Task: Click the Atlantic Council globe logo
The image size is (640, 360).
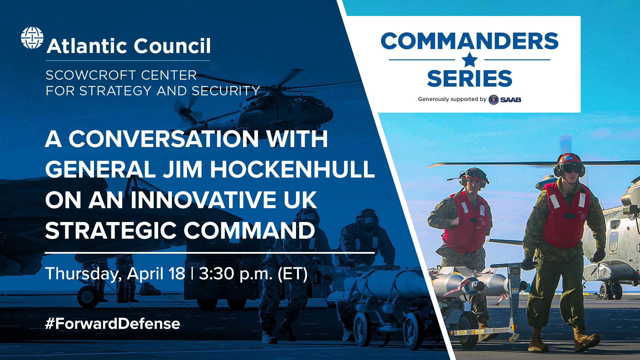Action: click(32, 38)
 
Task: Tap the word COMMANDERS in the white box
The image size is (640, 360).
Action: click(469, 41)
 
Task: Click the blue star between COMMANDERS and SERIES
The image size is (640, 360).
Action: click(470, 60)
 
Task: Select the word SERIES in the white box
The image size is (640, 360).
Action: click(469, 79)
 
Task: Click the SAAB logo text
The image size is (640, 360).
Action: click(510, 100)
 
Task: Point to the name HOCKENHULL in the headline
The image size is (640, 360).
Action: click(292, 169)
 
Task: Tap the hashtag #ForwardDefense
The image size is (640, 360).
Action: click(113, 324)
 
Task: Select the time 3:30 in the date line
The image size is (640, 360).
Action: click(216, 274)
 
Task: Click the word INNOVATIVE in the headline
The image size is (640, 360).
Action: click(203, 200)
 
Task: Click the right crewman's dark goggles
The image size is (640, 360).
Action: click(571, 169)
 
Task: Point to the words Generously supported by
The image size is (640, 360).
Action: click(452, 99)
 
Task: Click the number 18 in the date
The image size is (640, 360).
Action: click(177, 274)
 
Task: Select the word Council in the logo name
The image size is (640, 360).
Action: click(172, 46)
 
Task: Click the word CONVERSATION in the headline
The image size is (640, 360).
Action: click(163, 139)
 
